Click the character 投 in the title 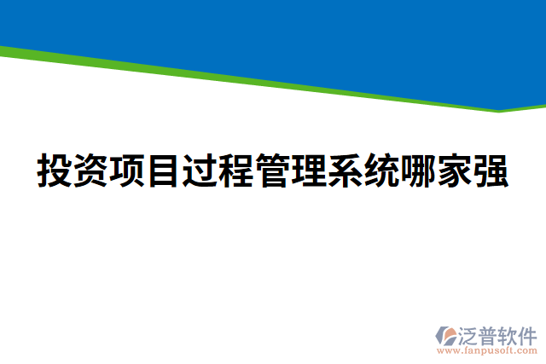pos(55,170)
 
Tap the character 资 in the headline pos(90,170)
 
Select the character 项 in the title pos(127,170)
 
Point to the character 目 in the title pos(163,170)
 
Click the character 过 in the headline pos(200,170)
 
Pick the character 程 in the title pos(235,170)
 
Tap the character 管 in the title pos(272,170)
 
